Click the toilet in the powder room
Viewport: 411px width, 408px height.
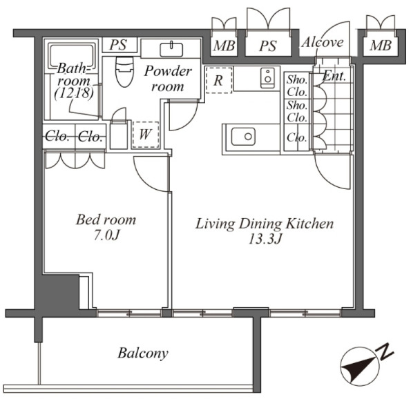(124, 72)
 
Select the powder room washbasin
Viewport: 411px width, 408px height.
(171, 50)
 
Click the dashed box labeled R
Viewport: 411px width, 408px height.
(219, 80)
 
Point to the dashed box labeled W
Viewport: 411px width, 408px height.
(146, 135)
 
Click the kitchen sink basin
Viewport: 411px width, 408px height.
(243, 136)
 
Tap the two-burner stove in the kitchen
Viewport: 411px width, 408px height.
(267, 78)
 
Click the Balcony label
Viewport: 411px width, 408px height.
(143, 353)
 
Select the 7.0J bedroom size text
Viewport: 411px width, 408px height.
(106, 235)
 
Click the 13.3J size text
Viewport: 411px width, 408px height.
(265, 239)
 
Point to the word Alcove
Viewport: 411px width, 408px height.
(322, 42)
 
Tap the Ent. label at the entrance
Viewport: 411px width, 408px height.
(334, 76)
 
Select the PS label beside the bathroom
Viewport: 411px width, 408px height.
(118, 45)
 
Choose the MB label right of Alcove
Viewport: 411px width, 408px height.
(381, 46)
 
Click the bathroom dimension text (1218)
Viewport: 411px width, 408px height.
(74, 93)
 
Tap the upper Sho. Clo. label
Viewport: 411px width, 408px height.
(297, 86)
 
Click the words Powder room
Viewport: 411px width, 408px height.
(168, 79)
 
